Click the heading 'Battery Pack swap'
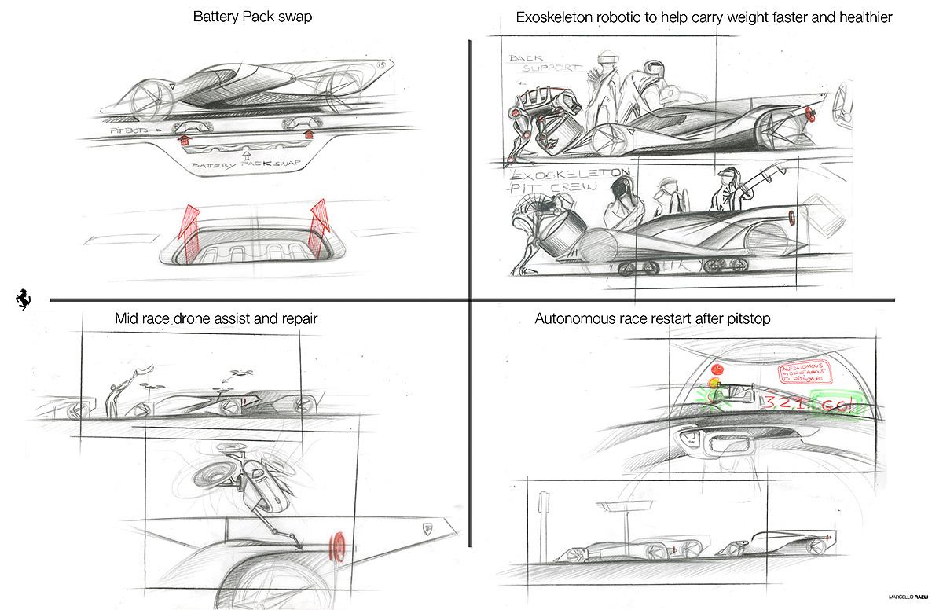(252, 17)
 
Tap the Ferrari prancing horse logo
(22, 299)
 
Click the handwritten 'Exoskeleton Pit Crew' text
(558, 181)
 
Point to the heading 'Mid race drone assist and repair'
(216, 319)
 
